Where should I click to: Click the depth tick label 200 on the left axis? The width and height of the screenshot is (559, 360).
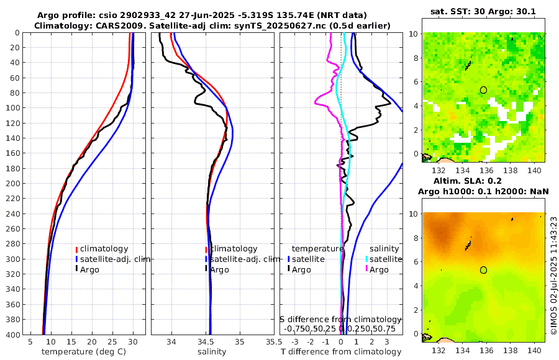(12, 184)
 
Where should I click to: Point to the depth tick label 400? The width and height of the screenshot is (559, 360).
(12, 335)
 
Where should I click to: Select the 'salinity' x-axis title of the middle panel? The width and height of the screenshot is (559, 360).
(211, 352)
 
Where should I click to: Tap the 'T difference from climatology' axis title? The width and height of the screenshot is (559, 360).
(341, 352)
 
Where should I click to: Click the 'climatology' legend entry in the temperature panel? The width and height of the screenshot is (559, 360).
(104, 248)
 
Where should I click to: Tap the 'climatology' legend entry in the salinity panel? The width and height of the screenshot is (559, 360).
(234, 248)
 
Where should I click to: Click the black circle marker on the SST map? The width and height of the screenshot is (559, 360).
(483, 90)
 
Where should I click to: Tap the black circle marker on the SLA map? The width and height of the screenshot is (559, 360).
(483, 270)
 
